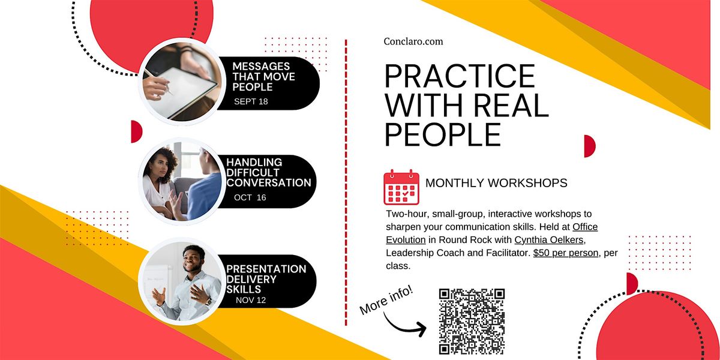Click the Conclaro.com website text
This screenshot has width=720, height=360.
point(413,41)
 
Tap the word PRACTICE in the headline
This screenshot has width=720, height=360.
point(460,76)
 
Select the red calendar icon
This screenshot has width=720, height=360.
point(401,187)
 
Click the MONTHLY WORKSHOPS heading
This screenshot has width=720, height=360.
point(496,183)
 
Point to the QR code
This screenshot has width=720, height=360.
point(472,322)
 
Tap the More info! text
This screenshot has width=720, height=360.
point(386,300)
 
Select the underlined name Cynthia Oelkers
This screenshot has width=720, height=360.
point(548,240)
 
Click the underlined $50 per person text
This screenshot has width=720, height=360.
point(566,253)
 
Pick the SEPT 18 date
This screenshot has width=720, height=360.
point(251,101)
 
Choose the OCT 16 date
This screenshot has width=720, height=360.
point(250,197)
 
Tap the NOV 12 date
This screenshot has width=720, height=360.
point(251,300)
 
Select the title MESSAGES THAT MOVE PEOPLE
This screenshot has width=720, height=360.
point(263,77)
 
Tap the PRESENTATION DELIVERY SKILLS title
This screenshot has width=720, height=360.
point(266,278)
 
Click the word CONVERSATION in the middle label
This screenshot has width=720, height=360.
point(269,182)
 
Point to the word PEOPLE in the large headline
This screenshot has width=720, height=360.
point(443,134)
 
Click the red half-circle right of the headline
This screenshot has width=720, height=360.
point(589,146)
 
